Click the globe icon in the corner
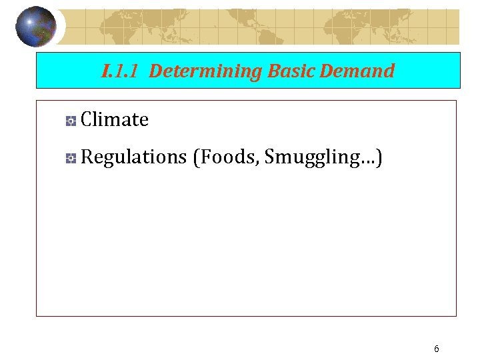(x=35, y=26)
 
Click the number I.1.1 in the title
(x=121, y=71)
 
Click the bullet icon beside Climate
(x=71, y=121)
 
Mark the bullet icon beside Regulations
(x=71, y=158)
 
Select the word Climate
(x=114, y=120)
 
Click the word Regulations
(x=133, y=157)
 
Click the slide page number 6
(x=436, y=349)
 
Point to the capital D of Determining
(x=155, y=71)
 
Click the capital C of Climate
(x=87, y=120)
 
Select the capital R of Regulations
(x=87, y=157)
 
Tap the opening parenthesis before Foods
(x=195, y=157)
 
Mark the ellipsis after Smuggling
(x=369, y=161)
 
